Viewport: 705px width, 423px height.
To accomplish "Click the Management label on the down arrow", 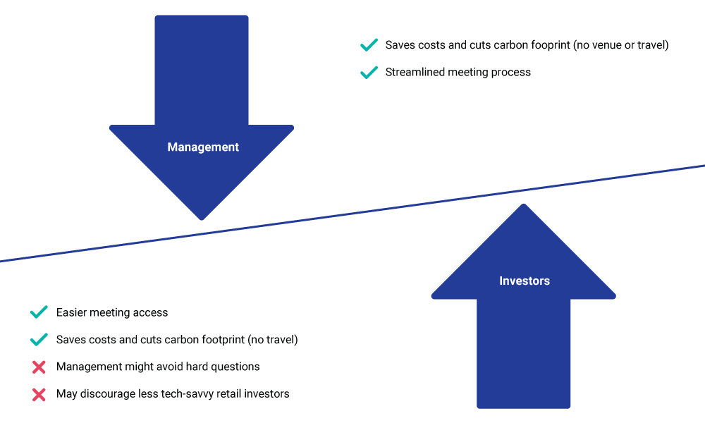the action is pyautogui.click(x=203, y=147).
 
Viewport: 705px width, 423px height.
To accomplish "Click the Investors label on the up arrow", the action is pyautogui.click(x=525, y=281).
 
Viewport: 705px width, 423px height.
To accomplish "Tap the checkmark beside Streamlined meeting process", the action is pyautogui.click(x=369, y=73).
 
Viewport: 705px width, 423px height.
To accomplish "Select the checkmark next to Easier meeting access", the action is pyautogui.click(x=39, y=312).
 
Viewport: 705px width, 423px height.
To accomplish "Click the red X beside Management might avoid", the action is pyautogui.click(x=39, y=367).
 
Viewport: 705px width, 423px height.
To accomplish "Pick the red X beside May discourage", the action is pyautogui.click(x=39, y=395).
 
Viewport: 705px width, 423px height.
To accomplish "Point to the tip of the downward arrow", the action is pyautogui.click(x=202, y=220).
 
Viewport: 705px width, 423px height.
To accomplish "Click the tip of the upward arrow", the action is pyautogui.click(x=523, y=204).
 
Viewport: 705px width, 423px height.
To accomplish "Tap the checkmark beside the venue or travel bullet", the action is pyautogui.click(x=369, y=45).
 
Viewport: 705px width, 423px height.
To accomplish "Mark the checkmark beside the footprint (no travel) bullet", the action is pyautogui.click(x=39, y=339).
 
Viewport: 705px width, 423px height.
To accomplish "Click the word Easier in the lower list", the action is pyautogui.click(x=71, y=312).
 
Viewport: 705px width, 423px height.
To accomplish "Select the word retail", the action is pyautogui.click(x=228, y=394).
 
